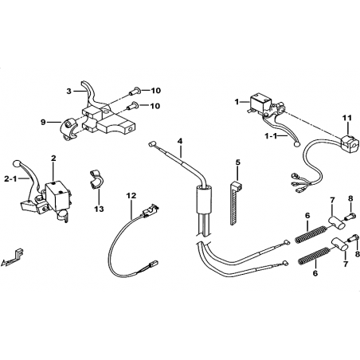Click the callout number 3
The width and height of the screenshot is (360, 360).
[x=69, y=92]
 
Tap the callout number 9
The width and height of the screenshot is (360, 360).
[x=43, y=122]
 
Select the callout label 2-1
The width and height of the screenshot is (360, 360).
[x=10, y=179]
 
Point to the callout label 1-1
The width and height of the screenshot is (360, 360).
[x=271, y=136]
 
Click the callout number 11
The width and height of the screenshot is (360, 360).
[x=348, y=118]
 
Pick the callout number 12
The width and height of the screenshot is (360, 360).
[x=131, y=196]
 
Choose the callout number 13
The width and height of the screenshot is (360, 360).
[x=99, y=209]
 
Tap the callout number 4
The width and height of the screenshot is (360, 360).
[x=180, y=141]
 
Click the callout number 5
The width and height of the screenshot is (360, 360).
[x=237, y=162]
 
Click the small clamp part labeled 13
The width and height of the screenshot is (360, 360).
[x=96, y=180]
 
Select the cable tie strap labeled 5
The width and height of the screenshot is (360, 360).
[x=235, y=202]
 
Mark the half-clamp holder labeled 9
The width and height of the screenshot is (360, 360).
[x=68, y=129]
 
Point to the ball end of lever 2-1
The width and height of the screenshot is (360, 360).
[x=16, y=163]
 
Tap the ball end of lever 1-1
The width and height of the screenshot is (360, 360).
[x=296, y=144]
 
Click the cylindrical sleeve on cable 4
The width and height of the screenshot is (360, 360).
[x=204, y=199]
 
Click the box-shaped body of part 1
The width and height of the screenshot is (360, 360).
[x=260, y=103]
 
